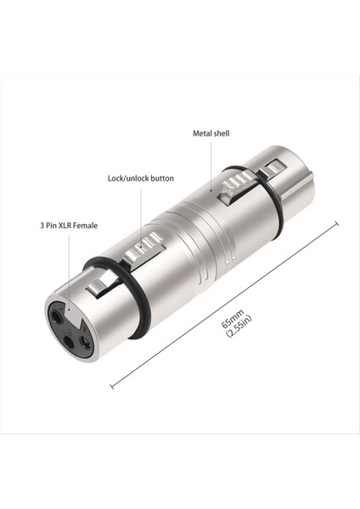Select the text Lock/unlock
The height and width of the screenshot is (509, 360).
pos(127,178)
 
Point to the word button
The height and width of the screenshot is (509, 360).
pos(161,178)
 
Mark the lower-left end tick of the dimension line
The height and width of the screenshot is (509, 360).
pos(112,387)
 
